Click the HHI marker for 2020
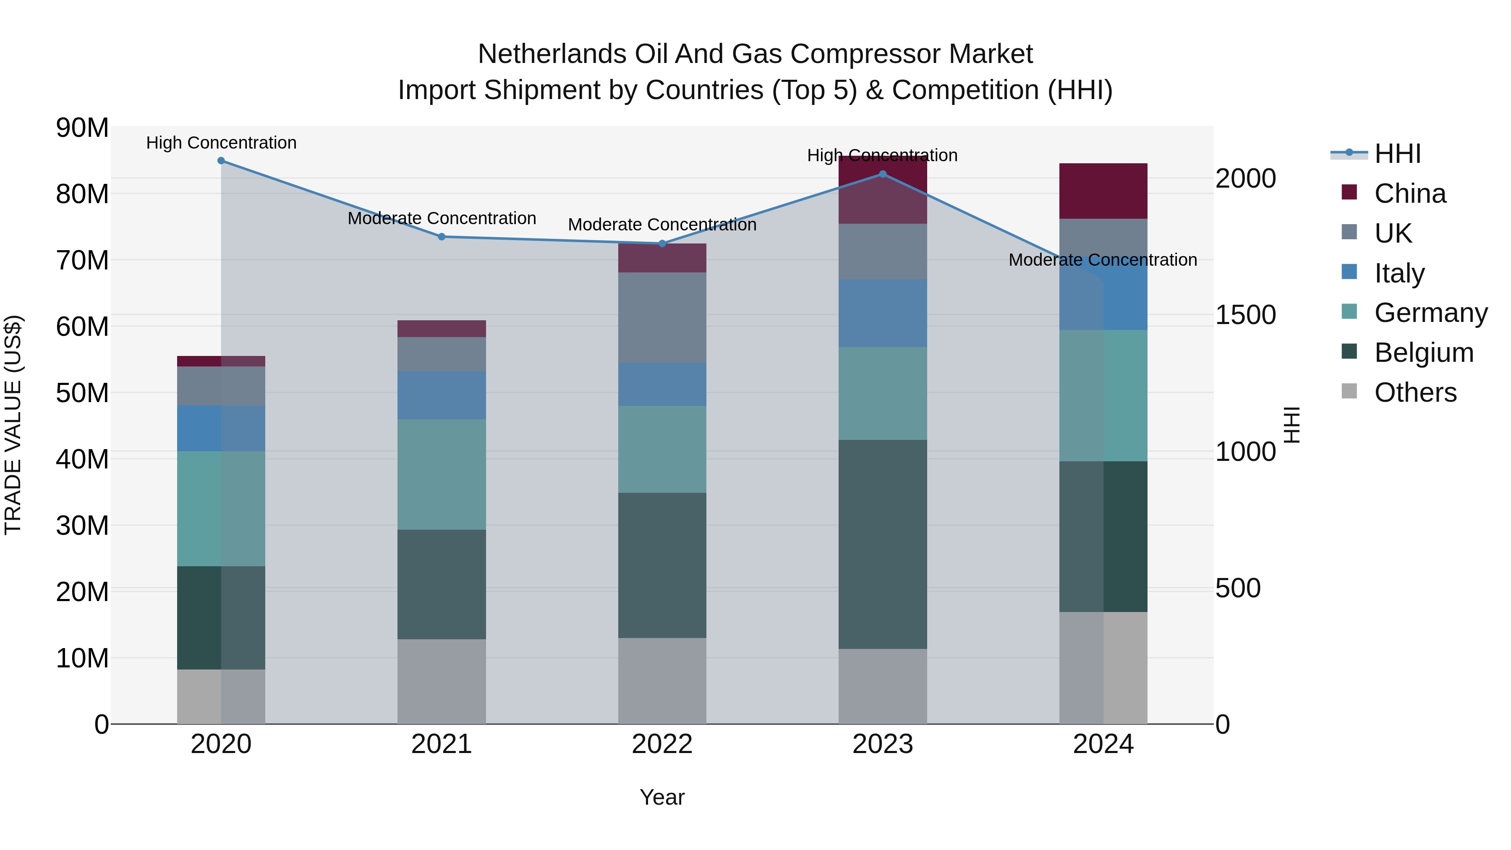pyautogui.click(x=221, y=161)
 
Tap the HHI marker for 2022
pyautogui.click(x=662, y=243)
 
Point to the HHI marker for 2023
pyautogui.click(x=883, y=174)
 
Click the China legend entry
pyautogui.click(x=1409, y=194)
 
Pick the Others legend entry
pyautogui.click(x=1415, y=392)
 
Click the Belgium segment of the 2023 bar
pyautogui.click(x=883, y=544)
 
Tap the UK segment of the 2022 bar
pyautogui.click(x=662, y=317)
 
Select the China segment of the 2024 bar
pyautogui.click(x=1103, y=191)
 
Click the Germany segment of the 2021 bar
pyautogui.click(x=442, y=475)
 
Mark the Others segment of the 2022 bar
pyautogui.click(x=662, y=681)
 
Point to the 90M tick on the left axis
pyautogui.click(x=82, y=128)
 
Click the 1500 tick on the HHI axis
pyautogui.click(x=1245, y=315)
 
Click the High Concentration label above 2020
pyautogui.click(x=221, y=143)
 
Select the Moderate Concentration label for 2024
pyautogui.click(x=1103, y=260)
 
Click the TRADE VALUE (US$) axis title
pyautogui.click(x=13, y=425)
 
